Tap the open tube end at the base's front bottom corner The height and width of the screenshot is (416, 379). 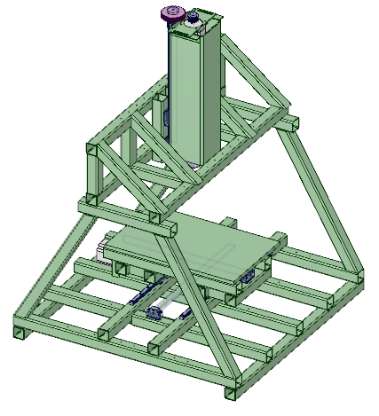point(232,390)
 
